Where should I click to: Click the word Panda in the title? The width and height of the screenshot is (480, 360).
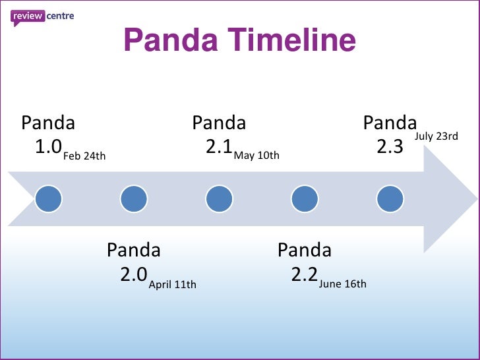(x=170, y=41)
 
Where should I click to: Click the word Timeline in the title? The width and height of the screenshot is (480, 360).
(x=291, y=41)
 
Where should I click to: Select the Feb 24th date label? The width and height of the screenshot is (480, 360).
(x=84, y=156)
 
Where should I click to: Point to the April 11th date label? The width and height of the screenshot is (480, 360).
(x=172, y=285)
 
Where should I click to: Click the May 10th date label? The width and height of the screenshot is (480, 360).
(x=256, y=156)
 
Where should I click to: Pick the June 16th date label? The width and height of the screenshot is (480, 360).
(x=342, y=285)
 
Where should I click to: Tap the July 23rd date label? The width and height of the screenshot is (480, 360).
(x=436, y=136)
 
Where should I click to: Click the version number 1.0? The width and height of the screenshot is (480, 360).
(x=48, y=146)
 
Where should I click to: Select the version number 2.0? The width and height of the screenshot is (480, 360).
(x=134, y=274)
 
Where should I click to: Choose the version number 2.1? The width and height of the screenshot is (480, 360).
(x=219, y=146)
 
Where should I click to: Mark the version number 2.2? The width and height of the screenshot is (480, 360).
(x=305, y=274)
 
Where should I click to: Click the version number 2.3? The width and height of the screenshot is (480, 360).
(x=390, y=146)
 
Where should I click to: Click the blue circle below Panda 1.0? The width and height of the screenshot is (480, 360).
(x=49, y=198)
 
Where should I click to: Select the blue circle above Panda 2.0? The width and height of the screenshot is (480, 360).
(x=134, y=198)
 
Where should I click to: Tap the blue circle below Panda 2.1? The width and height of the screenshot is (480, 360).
(x=219, y=198)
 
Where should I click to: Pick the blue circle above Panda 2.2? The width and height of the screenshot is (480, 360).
(x=304, y=198)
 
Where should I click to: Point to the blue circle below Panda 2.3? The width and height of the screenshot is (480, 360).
(x=390, y=198)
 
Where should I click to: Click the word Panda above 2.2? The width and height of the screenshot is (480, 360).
(x=304, y=251)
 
